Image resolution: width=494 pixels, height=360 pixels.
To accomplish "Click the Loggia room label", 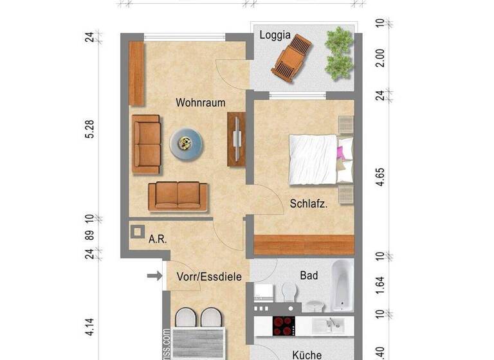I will (x=275, y=36).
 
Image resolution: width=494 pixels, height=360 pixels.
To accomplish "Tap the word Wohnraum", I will (x=196, y=102).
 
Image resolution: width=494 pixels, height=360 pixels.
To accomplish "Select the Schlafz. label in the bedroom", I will (x=309, y=204).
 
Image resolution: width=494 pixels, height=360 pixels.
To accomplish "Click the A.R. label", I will (x=158, y=239).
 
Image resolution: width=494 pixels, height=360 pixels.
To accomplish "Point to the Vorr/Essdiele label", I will (x=208, y=277).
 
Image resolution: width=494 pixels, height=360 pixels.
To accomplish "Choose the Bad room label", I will (x=309, y=276).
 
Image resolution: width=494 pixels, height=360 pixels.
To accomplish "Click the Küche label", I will (x=307, y=354).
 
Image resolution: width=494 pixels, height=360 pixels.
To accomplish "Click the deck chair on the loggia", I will (x=293, y=55).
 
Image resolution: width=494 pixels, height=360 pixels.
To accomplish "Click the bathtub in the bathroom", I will (x=342, y=286).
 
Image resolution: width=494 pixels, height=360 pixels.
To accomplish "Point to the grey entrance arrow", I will (x=154, y=276).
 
